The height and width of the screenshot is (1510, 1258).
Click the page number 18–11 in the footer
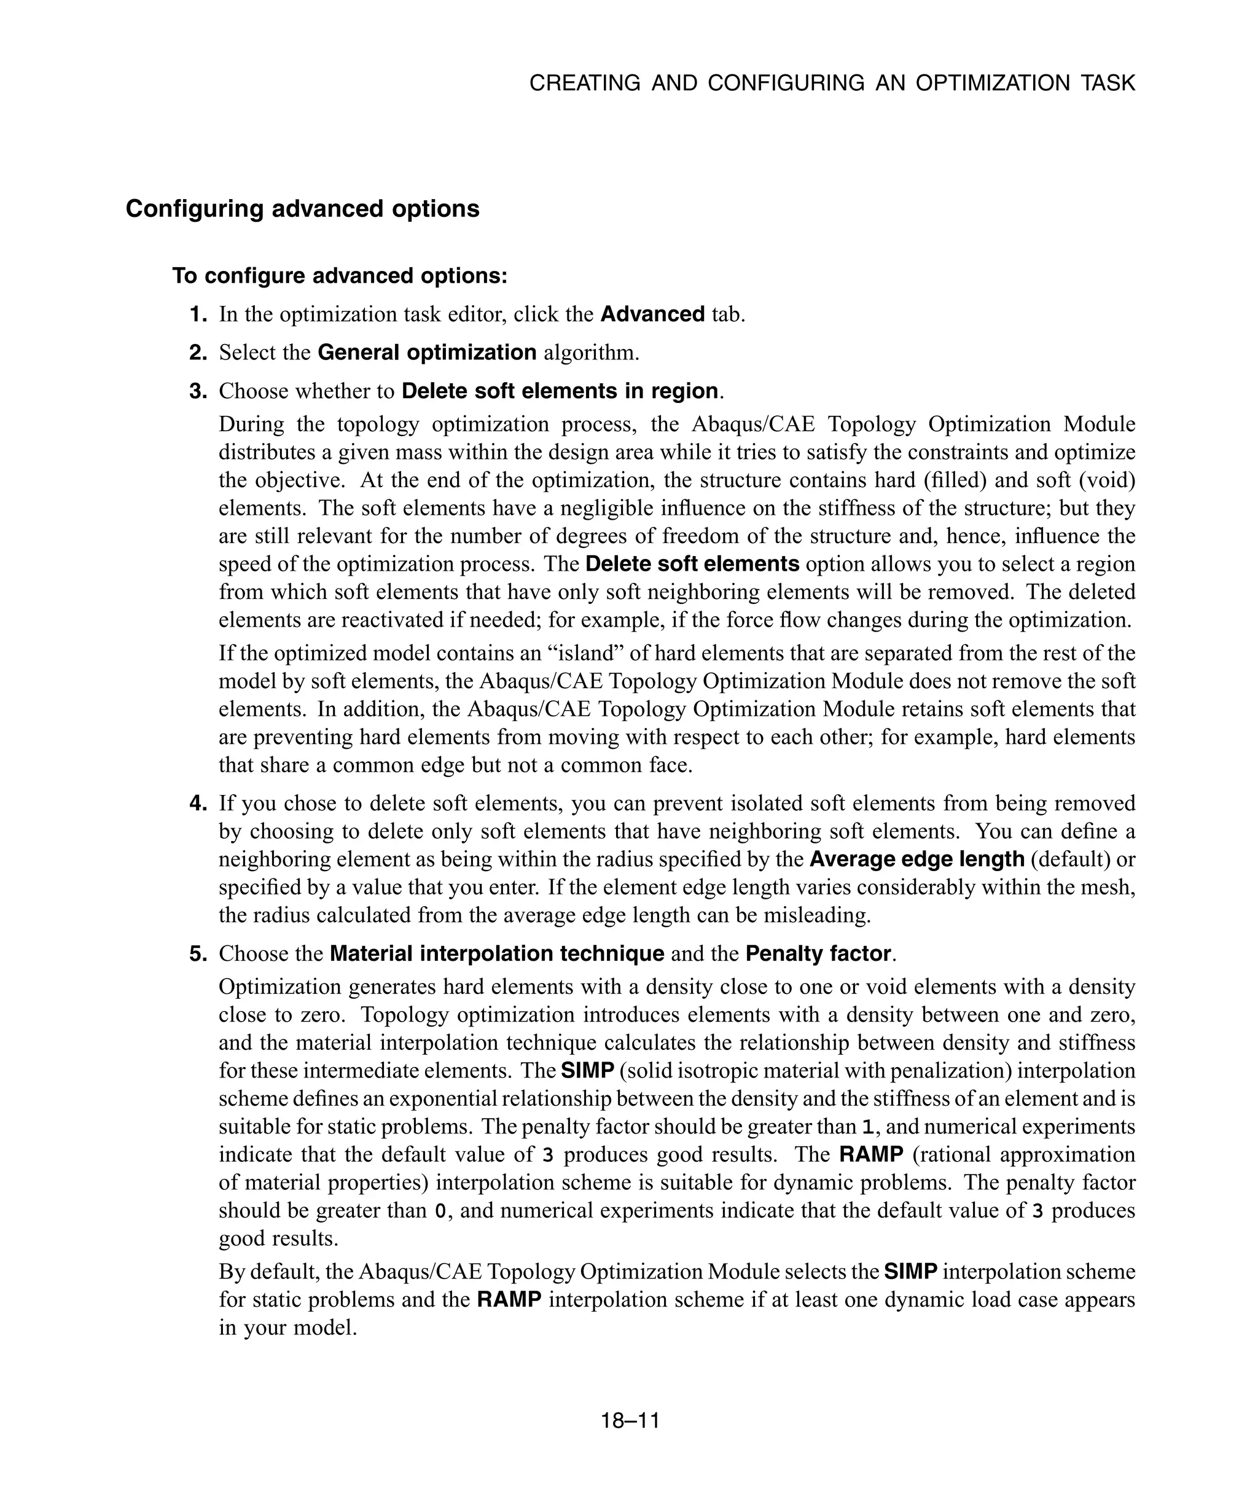pyautogui.click(x=630, y=1421)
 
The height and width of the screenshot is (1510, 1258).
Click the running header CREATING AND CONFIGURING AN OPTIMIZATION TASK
pyautogui.click(x=832, y=84)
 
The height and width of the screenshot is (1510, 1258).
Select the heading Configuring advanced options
pyautogui.click(x=302, y=208)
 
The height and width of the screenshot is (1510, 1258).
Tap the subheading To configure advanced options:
pyautogui.click(x=339, y=275)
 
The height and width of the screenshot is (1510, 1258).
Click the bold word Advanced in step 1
pyautogui.click(x=652, y=314)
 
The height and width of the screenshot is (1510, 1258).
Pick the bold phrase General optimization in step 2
pyautogui.click(x=427, y=353)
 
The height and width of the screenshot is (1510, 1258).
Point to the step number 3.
pyautogui.click(x=198, y=391)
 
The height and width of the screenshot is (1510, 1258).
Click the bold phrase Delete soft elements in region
pyautogui.click(x=559, y=391)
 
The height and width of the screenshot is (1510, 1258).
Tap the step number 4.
pyautogui.click(x=198, y=803)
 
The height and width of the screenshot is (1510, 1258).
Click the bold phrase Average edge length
pyautogui.click(x=916, y=859)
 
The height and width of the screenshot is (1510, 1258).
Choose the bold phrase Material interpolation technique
pyautogui.click(x=497, y=953)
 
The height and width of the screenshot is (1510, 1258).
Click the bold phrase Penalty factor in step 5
pyautogui.click(x=818, y=953)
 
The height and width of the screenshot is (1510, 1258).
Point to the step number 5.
pyautogui.click(x=198, y=953)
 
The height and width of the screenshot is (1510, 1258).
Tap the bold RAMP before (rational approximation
pyautogui.click(x=870, y=1155)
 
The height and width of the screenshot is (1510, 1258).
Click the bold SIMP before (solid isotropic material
pyautogui.click(x=587, y=1071)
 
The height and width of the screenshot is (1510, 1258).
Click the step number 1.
pyautogui.click(x=198, y=314)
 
